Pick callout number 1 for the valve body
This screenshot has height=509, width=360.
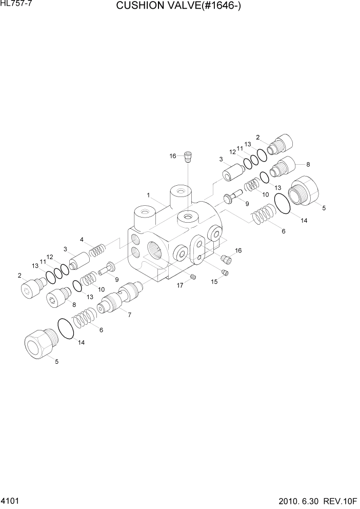click(148, 195)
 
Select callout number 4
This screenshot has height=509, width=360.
click(82, 240)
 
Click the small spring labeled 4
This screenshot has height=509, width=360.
click(97, 251)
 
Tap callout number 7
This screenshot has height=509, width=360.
click(129, 315)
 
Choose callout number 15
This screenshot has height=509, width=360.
click(214, 281)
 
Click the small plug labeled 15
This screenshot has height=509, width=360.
click(224, 272)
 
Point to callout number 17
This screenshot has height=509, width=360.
click(180, 285)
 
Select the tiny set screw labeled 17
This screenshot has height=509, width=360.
click(193, 277)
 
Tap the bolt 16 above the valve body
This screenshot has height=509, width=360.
click(188, 155)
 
